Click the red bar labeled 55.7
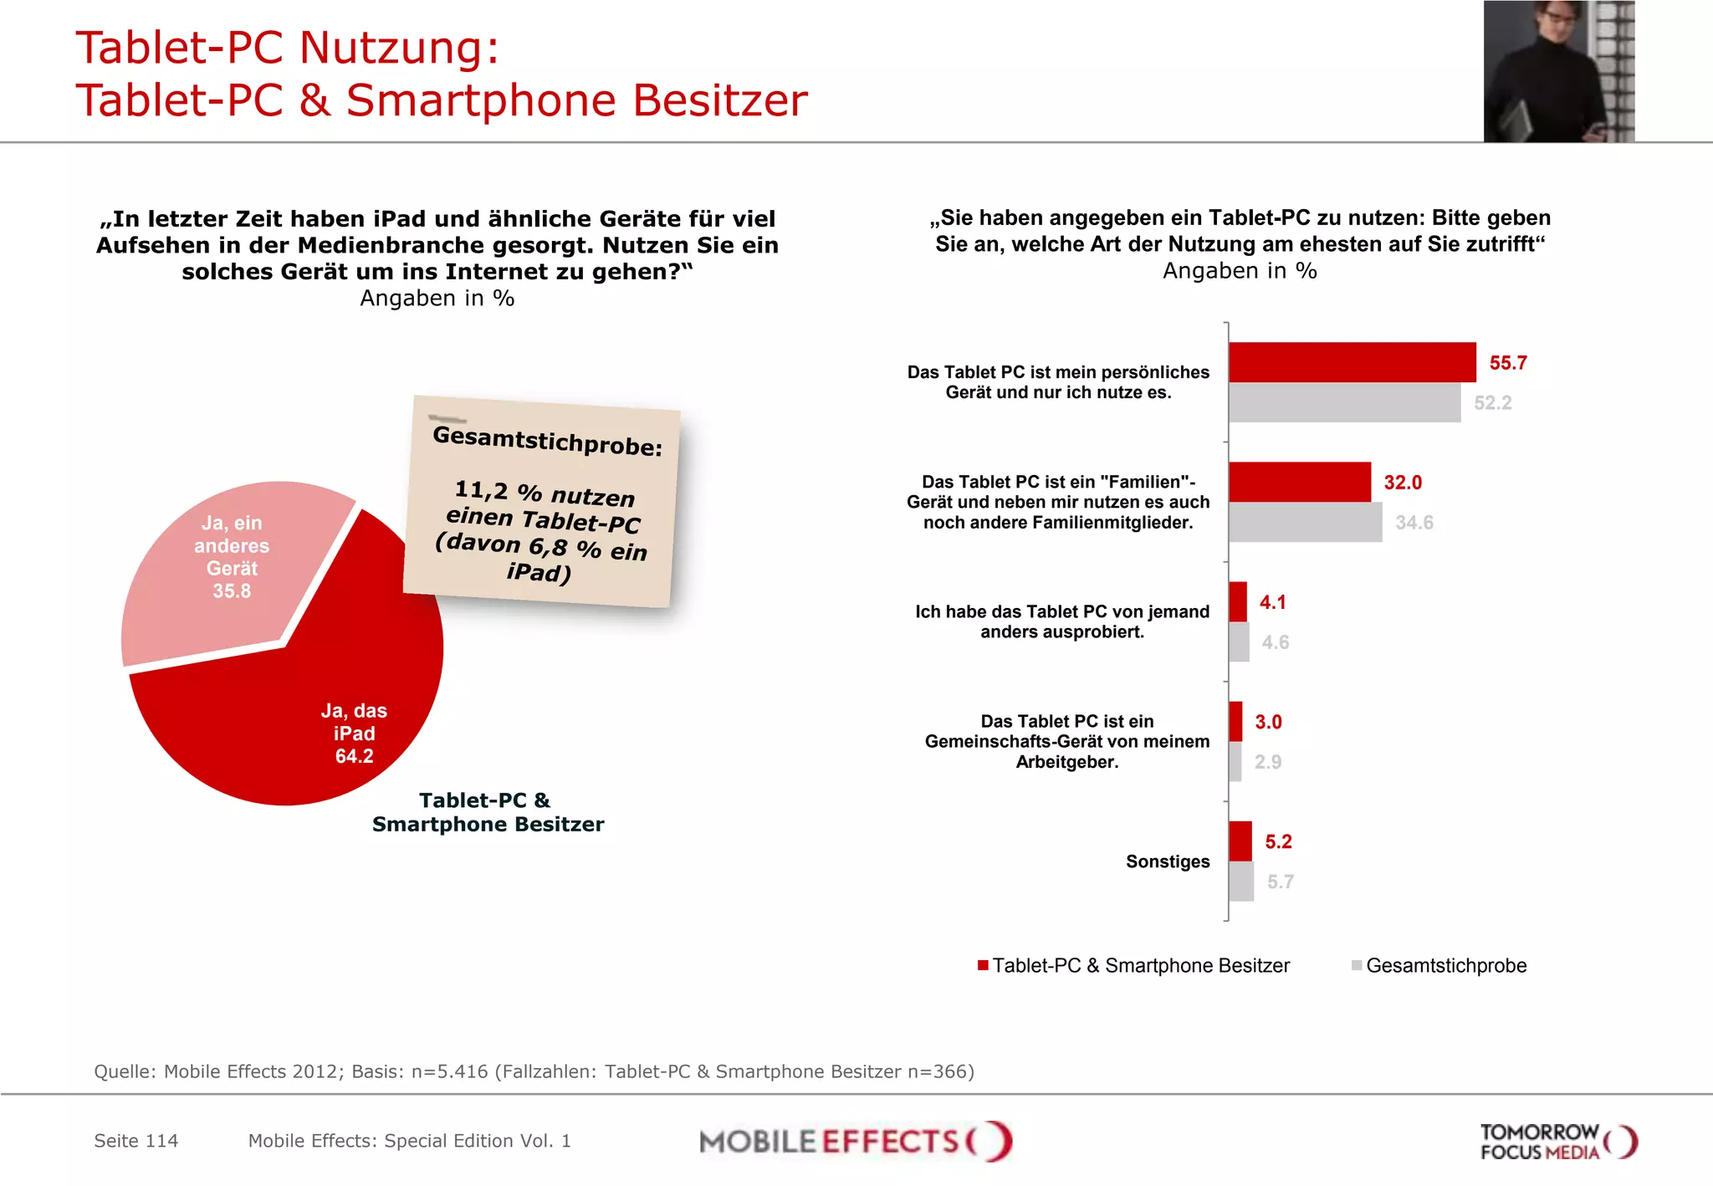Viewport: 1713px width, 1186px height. pyautogui.click(x=1352, y=362)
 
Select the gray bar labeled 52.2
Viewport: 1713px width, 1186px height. pyautogui.click(x=1344, y=402)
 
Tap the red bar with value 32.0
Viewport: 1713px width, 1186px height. pyautogui.click(x=1299, y=482)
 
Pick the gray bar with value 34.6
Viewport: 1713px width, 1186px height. pyautogui.click(x=1305, y=522)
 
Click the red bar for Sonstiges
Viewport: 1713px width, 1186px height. pyautogui.click(x=1240, y=841)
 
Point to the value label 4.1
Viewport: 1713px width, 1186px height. pyautogui.click(x=1272, y=602)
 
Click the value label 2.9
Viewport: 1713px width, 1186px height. pyautogui.click(x=1267, y=762)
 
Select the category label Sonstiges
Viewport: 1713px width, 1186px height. pyautogui.click(x=1167, y=861)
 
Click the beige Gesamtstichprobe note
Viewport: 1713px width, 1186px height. pyautogui.click(x=542, y=502)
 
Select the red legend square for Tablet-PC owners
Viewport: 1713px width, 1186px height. pyautogui.click(x=983, y=966)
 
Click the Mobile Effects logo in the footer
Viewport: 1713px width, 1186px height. pyautogui.click(x=855, y=1142)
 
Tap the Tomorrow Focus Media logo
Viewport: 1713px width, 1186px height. pyautogui.click(x=1557, y=1142)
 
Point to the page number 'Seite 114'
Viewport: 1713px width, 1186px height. pyautogui.click(x=136, y=1141)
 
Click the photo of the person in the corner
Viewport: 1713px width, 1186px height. pyautogui.click(x=1558, y=71)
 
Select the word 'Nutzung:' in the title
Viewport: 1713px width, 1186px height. pyautogui.click(x=399, y=48)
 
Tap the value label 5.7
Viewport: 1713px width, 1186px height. pyautogui.click(x=1280, y=882)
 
